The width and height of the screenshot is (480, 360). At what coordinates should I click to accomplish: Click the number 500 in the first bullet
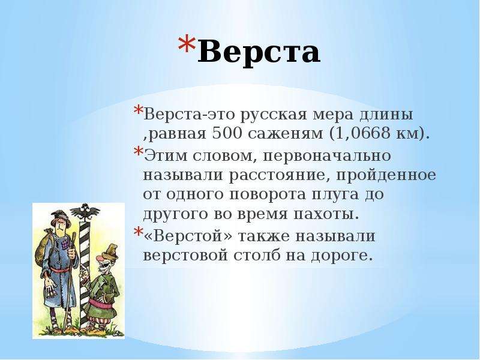coord(227,133)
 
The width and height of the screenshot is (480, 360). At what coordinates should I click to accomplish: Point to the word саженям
coord(286,134)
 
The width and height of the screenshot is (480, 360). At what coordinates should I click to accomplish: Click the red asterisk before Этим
coord(139,152)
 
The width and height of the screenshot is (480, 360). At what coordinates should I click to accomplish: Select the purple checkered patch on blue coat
coord(66,244)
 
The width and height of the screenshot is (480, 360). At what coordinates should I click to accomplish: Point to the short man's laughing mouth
coord(103,267)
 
